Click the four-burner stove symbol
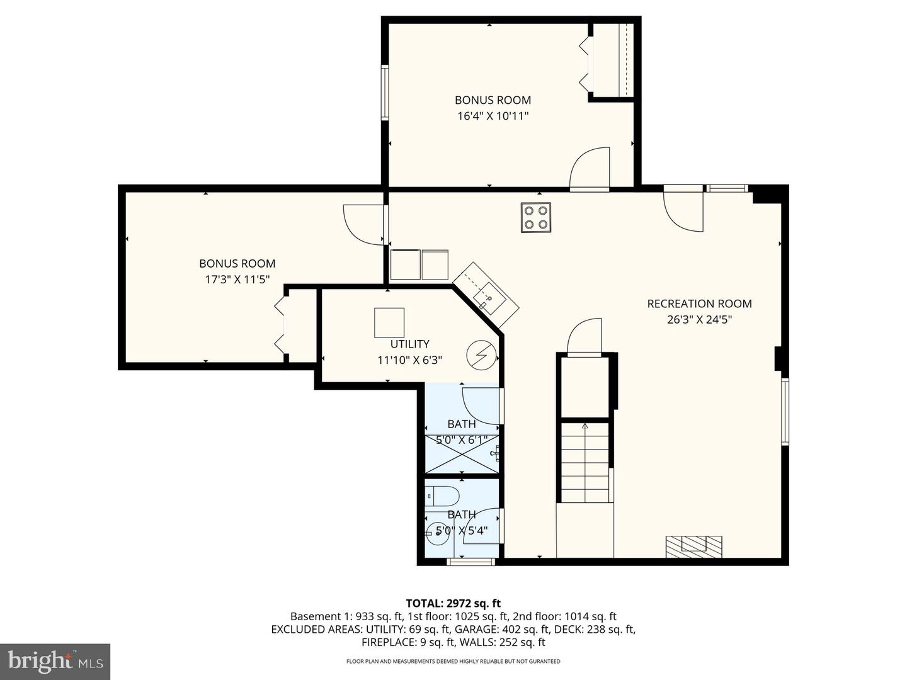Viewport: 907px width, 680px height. (x=536, y=217)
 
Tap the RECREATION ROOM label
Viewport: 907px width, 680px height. (x=699, y=303)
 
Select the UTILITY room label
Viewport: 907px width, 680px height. (x=409, y=344)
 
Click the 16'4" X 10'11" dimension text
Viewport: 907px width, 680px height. (x=493, y=116)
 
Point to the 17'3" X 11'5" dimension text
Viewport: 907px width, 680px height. (x=237, y=280)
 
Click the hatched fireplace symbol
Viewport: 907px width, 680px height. (x=694, y=544)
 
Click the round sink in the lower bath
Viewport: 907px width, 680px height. (x=436, y=533)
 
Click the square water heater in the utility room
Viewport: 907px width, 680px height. (x=389, y=323)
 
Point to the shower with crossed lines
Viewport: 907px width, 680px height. (x=462, y=453)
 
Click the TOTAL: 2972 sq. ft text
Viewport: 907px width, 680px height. (x=453, y=603)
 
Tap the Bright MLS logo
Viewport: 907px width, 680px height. (x=55, y=661)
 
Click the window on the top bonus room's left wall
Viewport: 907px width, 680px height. (x=384, y=93)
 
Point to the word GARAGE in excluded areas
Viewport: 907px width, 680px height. (x=478, y=630)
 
